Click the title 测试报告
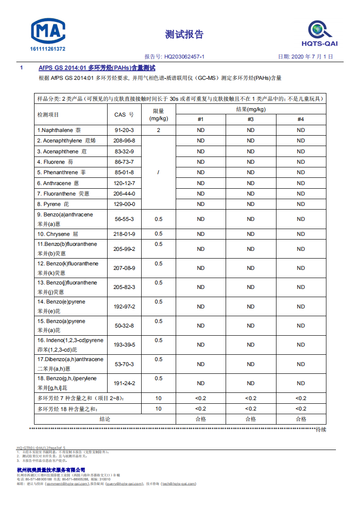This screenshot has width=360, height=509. point(184,34)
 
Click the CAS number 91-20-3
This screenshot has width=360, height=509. point(124,130)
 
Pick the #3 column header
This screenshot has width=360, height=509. point(251,119)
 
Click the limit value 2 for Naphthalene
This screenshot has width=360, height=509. point(158,130)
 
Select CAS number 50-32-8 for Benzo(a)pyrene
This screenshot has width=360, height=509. point(124,326)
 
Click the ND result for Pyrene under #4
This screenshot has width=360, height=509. point(301,204)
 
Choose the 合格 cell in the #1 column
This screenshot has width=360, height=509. point(201,419)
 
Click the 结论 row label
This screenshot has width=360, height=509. point(105,419)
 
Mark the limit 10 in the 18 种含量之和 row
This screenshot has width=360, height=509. point(158,409)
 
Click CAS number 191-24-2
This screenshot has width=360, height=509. point(124,383)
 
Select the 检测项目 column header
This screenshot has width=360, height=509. point(48,115)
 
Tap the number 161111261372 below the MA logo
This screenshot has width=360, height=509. point(48,49)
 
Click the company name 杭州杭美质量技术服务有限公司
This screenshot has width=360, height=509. point(51,470)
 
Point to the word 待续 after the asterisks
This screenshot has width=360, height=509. point(321,430)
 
